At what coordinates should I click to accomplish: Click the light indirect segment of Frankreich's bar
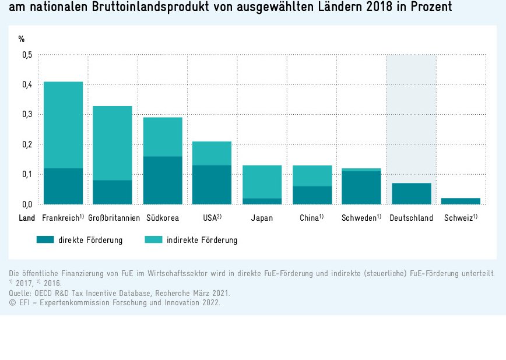click(x=63, y=125)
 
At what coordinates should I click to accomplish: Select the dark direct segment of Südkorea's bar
click(x=163, y=180)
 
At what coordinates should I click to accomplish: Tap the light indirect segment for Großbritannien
click(x=113, y=143)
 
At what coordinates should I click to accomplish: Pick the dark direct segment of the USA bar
click(x=212, y=185)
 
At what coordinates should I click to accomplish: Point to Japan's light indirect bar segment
click(x=262, y=182)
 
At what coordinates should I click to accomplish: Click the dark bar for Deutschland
click(x=411, y=193)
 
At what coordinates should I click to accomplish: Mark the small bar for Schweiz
click(x=461, y=201)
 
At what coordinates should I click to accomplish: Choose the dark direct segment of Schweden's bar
click(x=361, y=188)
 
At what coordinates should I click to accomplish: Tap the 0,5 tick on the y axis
click(x=27, y=55)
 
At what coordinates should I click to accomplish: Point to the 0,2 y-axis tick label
click(x=27, y=144)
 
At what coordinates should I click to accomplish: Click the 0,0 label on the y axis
click(x=27, y=204)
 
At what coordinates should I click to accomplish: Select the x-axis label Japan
click(x=262, y=218)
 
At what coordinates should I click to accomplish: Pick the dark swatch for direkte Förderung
click(x=45, y=239)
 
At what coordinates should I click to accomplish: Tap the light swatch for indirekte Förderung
click(x=153, y=239)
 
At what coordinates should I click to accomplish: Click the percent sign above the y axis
click(x=22, y=39)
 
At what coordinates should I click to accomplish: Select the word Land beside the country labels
click(x=27, y=218)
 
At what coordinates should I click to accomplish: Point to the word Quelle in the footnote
click(x=19, y=293)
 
